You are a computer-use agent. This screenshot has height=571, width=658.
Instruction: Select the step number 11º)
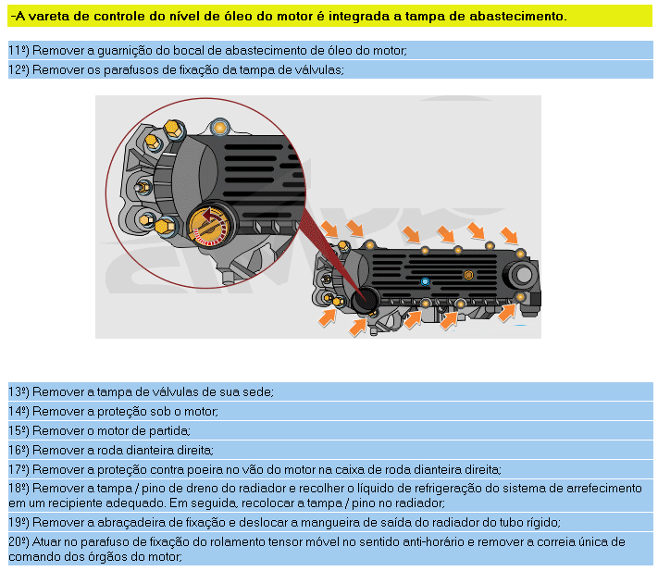(19, 51)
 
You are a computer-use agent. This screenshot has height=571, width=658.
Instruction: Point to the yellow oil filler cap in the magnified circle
(208, 226)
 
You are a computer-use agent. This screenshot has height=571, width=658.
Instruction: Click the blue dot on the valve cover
(425, 281)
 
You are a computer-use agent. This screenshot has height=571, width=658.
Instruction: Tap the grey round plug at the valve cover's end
(523, 275)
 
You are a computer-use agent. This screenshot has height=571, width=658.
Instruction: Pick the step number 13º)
(19, 392)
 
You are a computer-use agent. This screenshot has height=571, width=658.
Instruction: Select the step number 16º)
(19, 451)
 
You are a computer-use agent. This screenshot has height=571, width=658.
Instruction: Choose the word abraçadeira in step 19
(129, 523)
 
